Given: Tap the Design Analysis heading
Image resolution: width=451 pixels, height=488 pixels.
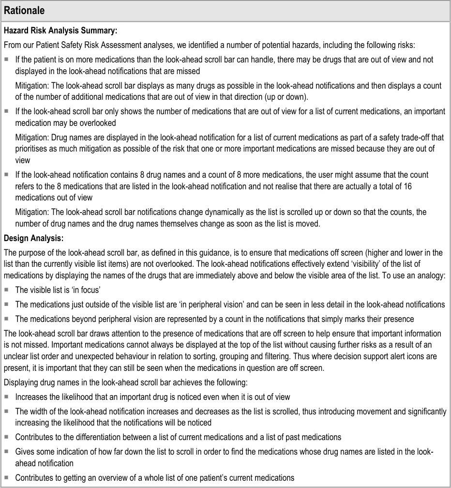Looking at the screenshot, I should (33, 238).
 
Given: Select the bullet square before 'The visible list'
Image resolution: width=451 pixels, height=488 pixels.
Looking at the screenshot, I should (7, 290).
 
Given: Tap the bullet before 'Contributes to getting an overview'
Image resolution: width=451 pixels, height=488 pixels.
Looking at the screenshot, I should (7, 477).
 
